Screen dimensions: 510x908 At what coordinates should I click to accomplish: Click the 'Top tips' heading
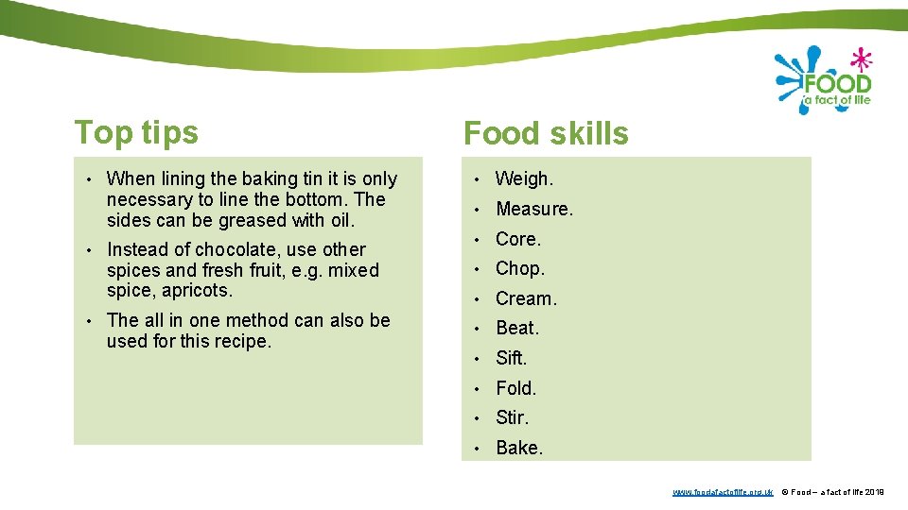pos(136,132)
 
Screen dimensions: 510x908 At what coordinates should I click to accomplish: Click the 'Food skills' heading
pos(546,134)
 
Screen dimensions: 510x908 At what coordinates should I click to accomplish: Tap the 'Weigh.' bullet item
pos(525,178)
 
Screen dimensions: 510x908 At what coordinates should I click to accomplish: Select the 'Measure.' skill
pos(534,209)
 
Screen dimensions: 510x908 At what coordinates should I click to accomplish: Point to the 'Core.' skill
pos(518,239)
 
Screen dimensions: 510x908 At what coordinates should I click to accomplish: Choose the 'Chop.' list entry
pos(520,268)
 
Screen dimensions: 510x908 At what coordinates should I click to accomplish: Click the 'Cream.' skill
pos(527,298)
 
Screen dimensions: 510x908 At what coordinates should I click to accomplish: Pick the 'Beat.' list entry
pos(517,328)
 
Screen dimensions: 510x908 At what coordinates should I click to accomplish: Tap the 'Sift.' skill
pos(512,358)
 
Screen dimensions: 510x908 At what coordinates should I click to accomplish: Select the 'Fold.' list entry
pos(516,388)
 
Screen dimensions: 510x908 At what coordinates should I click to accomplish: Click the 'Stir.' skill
pos(513,417)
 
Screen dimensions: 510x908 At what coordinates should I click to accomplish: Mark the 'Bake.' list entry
pos(519,448)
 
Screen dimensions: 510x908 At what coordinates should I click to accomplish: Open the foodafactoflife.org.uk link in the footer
pos(723,492)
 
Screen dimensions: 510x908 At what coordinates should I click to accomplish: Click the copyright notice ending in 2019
pos(832,492)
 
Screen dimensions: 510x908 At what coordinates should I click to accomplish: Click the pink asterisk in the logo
pos(860,59)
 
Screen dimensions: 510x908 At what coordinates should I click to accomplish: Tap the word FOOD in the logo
pos(837,83)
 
